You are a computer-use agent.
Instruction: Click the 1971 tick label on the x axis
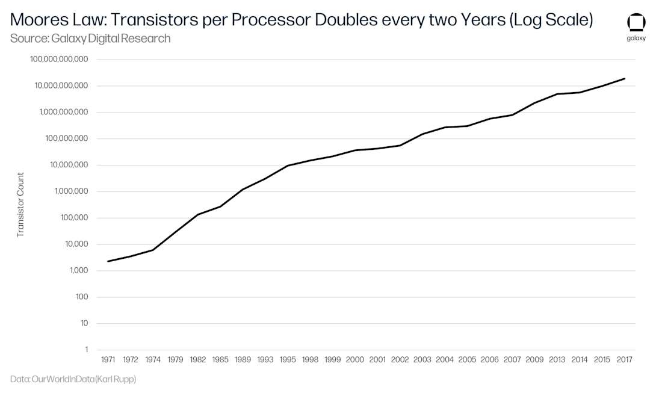coord(108,360)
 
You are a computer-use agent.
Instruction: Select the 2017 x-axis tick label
coord(625,360)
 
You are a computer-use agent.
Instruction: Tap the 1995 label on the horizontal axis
coord(288,360)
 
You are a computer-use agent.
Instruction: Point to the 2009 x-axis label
coord(534,360)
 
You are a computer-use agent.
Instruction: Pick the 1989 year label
coord(243,360)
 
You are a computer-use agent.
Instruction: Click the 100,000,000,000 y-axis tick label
coord(59,60)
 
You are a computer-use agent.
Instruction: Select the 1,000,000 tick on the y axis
coord(72,191)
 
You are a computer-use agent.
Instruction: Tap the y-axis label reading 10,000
coord(76,244)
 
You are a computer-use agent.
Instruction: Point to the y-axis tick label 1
coord(87,350)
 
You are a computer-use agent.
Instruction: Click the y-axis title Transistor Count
coord(20,205)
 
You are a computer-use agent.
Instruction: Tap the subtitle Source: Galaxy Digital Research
coord(90,39)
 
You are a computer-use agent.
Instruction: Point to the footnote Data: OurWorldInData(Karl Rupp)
coord(73,379)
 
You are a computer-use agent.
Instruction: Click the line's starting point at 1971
coord(108,261)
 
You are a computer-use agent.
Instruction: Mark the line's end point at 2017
coord(625,78)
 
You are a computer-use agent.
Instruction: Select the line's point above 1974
coord(153,250)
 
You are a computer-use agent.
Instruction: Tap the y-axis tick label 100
coord(82,297)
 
